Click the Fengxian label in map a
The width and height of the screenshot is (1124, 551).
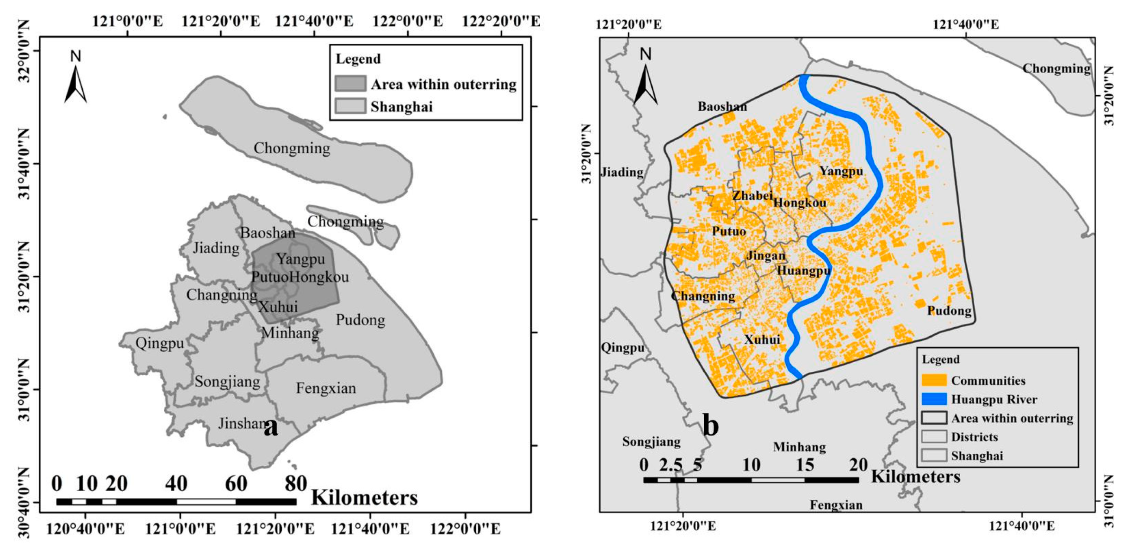click(325, 388)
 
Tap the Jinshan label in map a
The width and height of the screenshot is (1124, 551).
click(243, 423)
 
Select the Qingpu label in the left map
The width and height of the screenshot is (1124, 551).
click(159, 343)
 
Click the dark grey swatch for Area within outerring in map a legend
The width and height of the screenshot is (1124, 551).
click(351, 84)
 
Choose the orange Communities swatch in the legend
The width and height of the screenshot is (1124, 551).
click(934, 380)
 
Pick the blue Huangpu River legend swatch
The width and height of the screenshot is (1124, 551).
click(934, 399)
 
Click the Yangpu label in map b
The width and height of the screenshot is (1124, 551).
click(841, 171)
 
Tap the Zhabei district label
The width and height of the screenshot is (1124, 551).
click(752, 196)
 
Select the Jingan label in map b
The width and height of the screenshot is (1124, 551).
click(766, 256)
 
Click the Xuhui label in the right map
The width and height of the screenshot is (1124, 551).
click(762, 339)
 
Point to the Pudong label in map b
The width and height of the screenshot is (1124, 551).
click(949, 311)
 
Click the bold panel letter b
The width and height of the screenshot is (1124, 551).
click(711, 426)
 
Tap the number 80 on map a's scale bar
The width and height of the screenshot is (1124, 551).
click(296, 484)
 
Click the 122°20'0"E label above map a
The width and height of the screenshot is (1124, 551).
click(500, 21)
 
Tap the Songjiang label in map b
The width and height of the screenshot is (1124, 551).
click(651, 441)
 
